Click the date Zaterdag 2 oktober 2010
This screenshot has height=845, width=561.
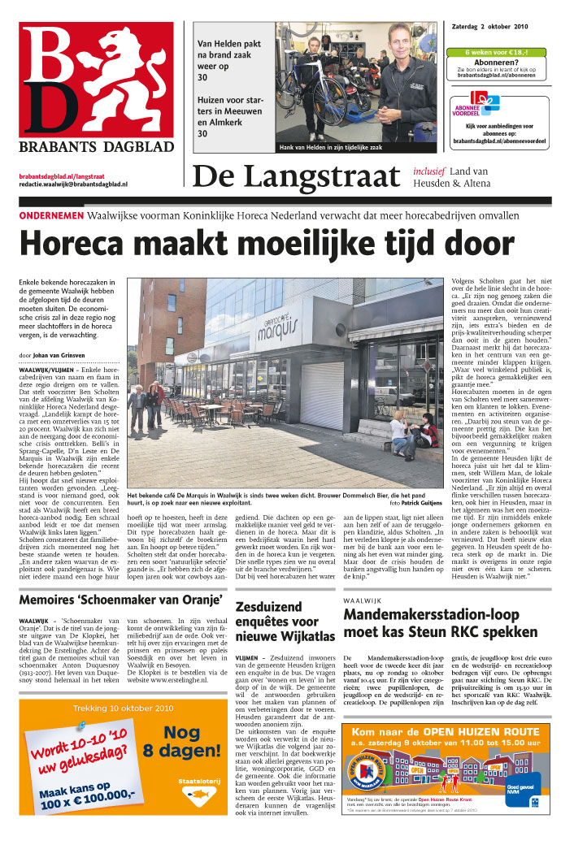pos(496,26)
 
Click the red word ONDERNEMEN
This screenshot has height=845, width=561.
pos(50,216)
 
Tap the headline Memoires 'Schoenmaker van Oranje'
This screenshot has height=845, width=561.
pos(120,600)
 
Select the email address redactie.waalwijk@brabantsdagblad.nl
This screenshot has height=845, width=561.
pos(73,184)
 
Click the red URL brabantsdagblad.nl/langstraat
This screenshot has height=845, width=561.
pos(62,175)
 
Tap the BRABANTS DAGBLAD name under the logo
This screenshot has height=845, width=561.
pos(96,147)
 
